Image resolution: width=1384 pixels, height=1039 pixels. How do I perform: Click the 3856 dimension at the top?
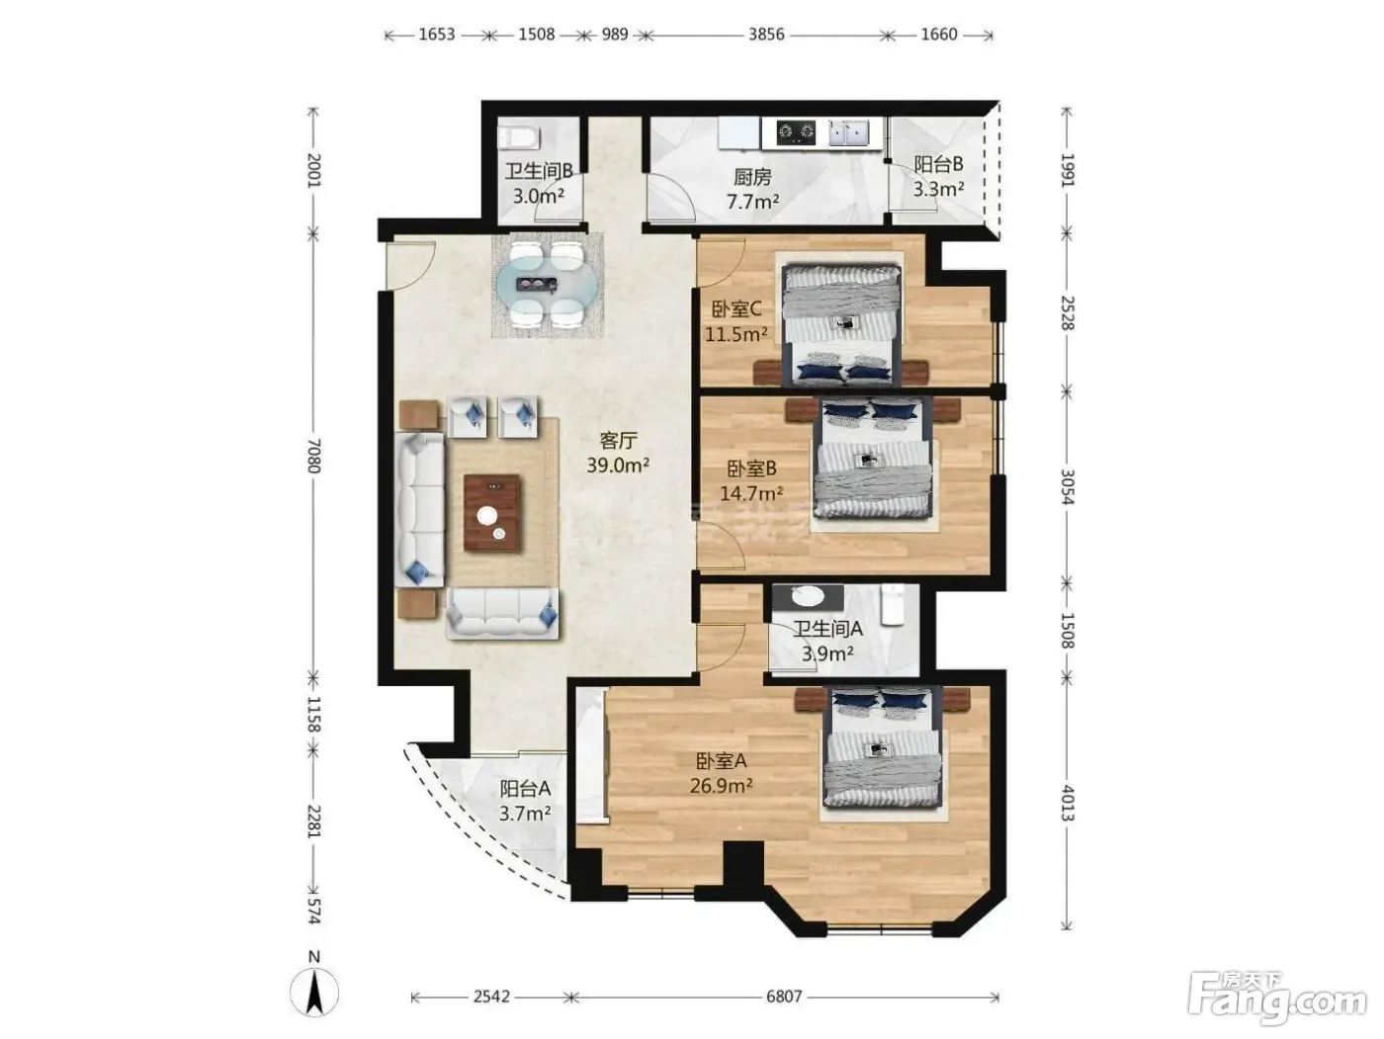[x=766, y=34]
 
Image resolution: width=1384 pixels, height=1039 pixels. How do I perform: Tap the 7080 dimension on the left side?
[x=314, y=455]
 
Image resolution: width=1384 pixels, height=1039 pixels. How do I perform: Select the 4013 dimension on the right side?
[x=1067, y=803]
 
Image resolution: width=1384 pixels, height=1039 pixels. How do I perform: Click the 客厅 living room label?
[x=618, y=440]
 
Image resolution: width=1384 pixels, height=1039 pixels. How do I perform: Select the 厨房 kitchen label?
[x=752, y=178]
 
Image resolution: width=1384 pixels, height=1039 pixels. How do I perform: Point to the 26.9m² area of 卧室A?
[x=721, y=786]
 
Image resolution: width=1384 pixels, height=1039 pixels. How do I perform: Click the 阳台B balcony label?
[x=938, y=164]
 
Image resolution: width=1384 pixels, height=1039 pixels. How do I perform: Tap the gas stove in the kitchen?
[x=797, y=132]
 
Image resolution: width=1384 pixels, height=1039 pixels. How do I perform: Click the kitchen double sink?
[x=848, y=132]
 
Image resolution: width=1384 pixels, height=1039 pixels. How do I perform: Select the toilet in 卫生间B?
[x=518, y=136]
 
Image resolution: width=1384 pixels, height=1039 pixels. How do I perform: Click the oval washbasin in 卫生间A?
[x=807, y=597]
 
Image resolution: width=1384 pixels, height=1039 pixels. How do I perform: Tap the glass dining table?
[x=546, y=285]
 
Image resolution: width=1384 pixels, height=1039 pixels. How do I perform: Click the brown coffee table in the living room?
[x=491, y=513]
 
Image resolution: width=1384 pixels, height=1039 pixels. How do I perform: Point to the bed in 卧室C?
[x=841, y=324]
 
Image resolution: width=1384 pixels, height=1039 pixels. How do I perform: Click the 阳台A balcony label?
[x=525, y=788]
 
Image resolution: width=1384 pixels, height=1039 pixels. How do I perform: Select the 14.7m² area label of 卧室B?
[x=751, y=492]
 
